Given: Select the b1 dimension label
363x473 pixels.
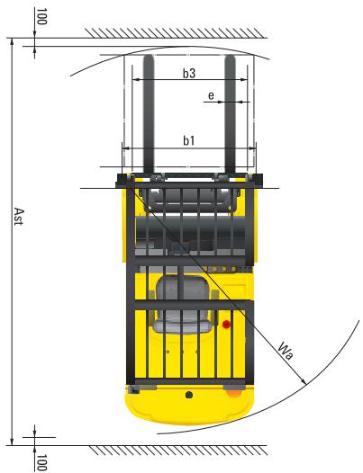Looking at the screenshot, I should (x=189, y=140).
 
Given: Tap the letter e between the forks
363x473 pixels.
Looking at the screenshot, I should (x=210, y=94).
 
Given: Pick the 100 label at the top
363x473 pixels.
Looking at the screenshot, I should (x=41, y=18).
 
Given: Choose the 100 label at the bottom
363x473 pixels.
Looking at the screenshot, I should (x=41, y=460).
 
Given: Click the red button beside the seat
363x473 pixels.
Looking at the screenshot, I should (x=227, y=324).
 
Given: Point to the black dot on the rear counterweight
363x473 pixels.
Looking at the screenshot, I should (x=187, y=394).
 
